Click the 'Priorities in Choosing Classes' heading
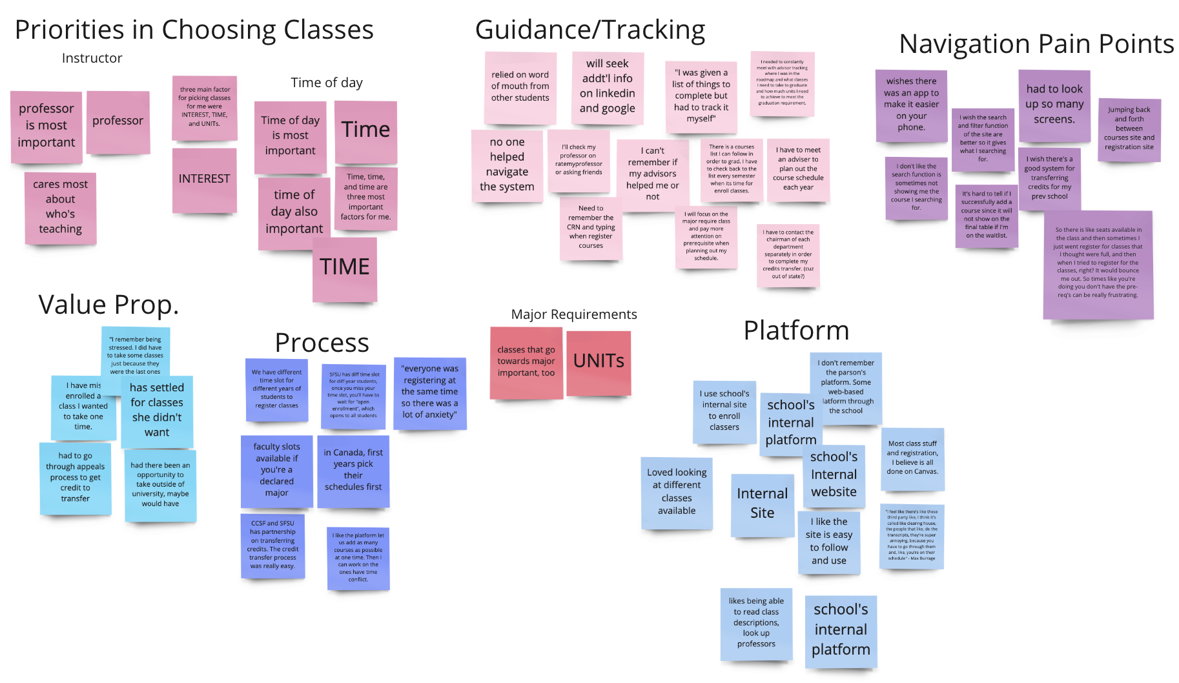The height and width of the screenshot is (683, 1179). (194, 30)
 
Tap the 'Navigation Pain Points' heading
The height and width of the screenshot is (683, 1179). (1036, 45)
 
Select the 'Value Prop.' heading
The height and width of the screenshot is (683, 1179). (108, 305)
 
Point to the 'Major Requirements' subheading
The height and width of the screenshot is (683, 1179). (574, 314)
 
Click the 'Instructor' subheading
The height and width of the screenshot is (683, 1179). (92, 58)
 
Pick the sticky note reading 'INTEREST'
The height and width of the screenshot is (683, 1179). (204, 179)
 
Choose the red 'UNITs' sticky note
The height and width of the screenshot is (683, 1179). (599, 362)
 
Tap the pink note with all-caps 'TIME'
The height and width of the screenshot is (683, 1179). (345, 268)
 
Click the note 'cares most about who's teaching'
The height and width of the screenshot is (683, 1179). (61, 207)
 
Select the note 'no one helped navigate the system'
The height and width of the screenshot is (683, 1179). (507, 165)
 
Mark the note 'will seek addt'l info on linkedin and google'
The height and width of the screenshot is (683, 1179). (607, 87)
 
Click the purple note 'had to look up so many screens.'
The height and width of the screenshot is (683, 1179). (1054, 105)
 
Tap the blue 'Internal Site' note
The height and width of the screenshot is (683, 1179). (762, 504)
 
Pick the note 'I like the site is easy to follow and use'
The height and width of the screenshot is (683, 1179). (828, 541)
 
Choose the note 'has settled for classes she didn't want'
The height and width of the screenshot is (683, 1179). (157, 411)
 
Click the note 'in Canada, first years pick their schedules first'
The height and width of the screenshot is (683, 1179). (353, 470)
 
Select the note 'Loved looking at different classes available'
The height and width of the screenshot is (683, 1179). (677, 492)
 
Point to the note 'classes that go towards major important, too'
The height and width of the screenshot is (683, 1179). (526, 362)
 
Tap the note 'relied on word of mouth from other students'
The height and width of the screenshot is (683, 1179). (520, 87)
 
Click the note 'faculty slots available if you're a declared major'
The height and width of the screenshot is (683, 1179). (276, 470)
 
